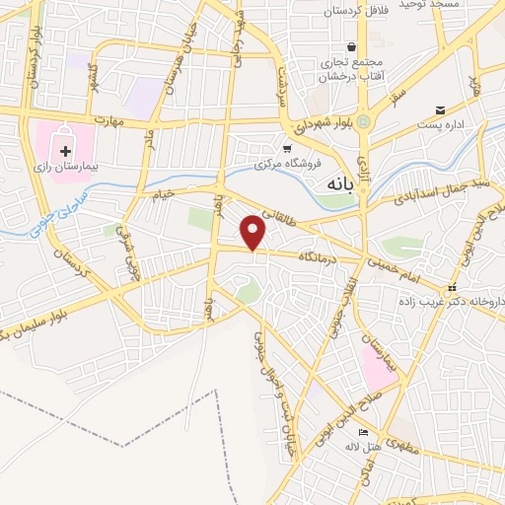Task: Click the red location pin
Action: point(254,233)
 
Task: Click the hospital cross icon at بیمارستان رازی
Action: point(65,151)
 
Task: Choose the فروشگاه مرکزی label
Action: point(286,163)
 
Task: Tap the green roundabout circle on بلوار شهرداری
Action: point(363,121)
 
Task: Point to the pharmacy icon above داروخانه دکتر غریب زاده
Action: point(452,289)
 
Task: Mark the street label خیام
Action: point(162,193)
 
